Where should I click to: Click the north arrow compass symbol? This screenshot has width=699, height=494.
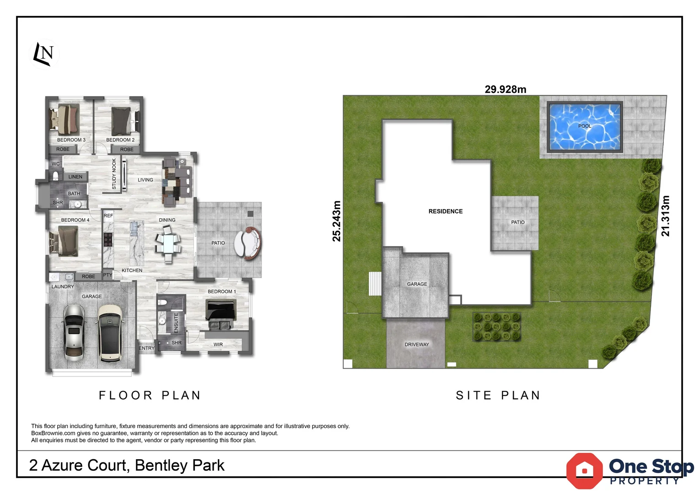tap(45, 54)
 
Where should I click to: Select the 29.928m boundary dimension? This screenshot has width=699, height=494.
tap(505, 89)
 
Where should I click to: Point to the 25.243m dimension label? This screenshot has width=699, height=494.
tap(337, 221)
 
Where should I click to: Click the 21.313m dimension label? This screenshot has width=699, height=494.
tap(665, 216)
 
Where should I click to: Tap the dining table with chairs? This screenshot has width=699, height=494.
tap(168, 243)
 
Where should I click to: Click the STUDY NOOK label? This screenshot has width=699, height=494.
tap(114, 174)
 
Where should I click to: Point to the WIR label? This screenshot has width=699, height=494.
tap(218, 344)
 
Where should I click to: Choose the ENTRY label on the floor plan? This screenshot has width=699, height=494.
tap(146, 348)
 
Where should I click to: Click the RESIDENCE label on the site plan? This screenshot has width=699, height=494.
tap(445, 211)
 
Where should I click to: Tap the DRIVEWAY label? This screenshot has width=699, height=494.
tap(417, 344)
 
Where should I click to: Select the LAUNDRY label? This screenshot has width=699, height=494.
tap(63, 287)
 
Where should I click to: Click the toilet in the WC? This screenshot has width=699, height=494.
tap(56, 176)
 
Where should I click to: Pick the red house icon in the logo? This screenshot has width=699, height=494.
tap(584, 470)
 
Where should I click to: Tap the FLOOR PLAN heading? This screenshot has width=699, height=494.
tap(150, 395)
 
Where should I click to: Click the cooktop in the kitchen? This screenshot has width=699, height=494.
tap(108, 239)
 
